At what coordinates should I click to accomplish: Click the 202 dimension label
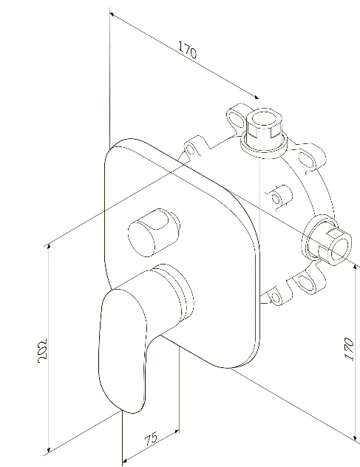(x=43, y=350)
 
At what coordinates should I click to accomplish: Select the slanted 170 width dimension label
(x=188, y=50)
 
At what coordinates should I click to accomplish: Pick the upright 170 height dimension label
(x=349, y=349)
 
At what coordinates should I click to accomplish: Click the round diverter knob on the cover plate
(x=154, y=232)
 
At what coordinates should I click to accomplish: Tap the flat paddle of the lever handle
(x=123, y=352)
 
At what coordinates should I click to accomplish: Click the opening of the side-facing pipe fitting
(x=340, y=249)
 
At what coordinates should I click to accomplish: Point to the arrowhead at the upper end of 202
(x=49, y=248)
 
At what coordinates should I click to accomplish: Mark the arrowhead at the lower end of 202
(x=49, y=450)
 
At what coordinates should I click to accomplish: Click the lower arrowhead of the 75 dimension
(x=125, y=461)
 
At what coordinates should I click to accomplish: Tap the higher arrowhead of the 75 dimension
(x=177, y=431)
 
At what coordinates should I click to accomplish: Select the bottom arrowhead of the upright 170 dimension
(x=355, y=437)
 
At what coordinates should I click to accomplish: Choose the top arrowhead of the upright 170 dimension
(x=355, y=267)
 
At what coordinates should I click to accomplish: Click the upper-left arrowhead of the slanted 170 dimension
(x=112, y=14)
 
